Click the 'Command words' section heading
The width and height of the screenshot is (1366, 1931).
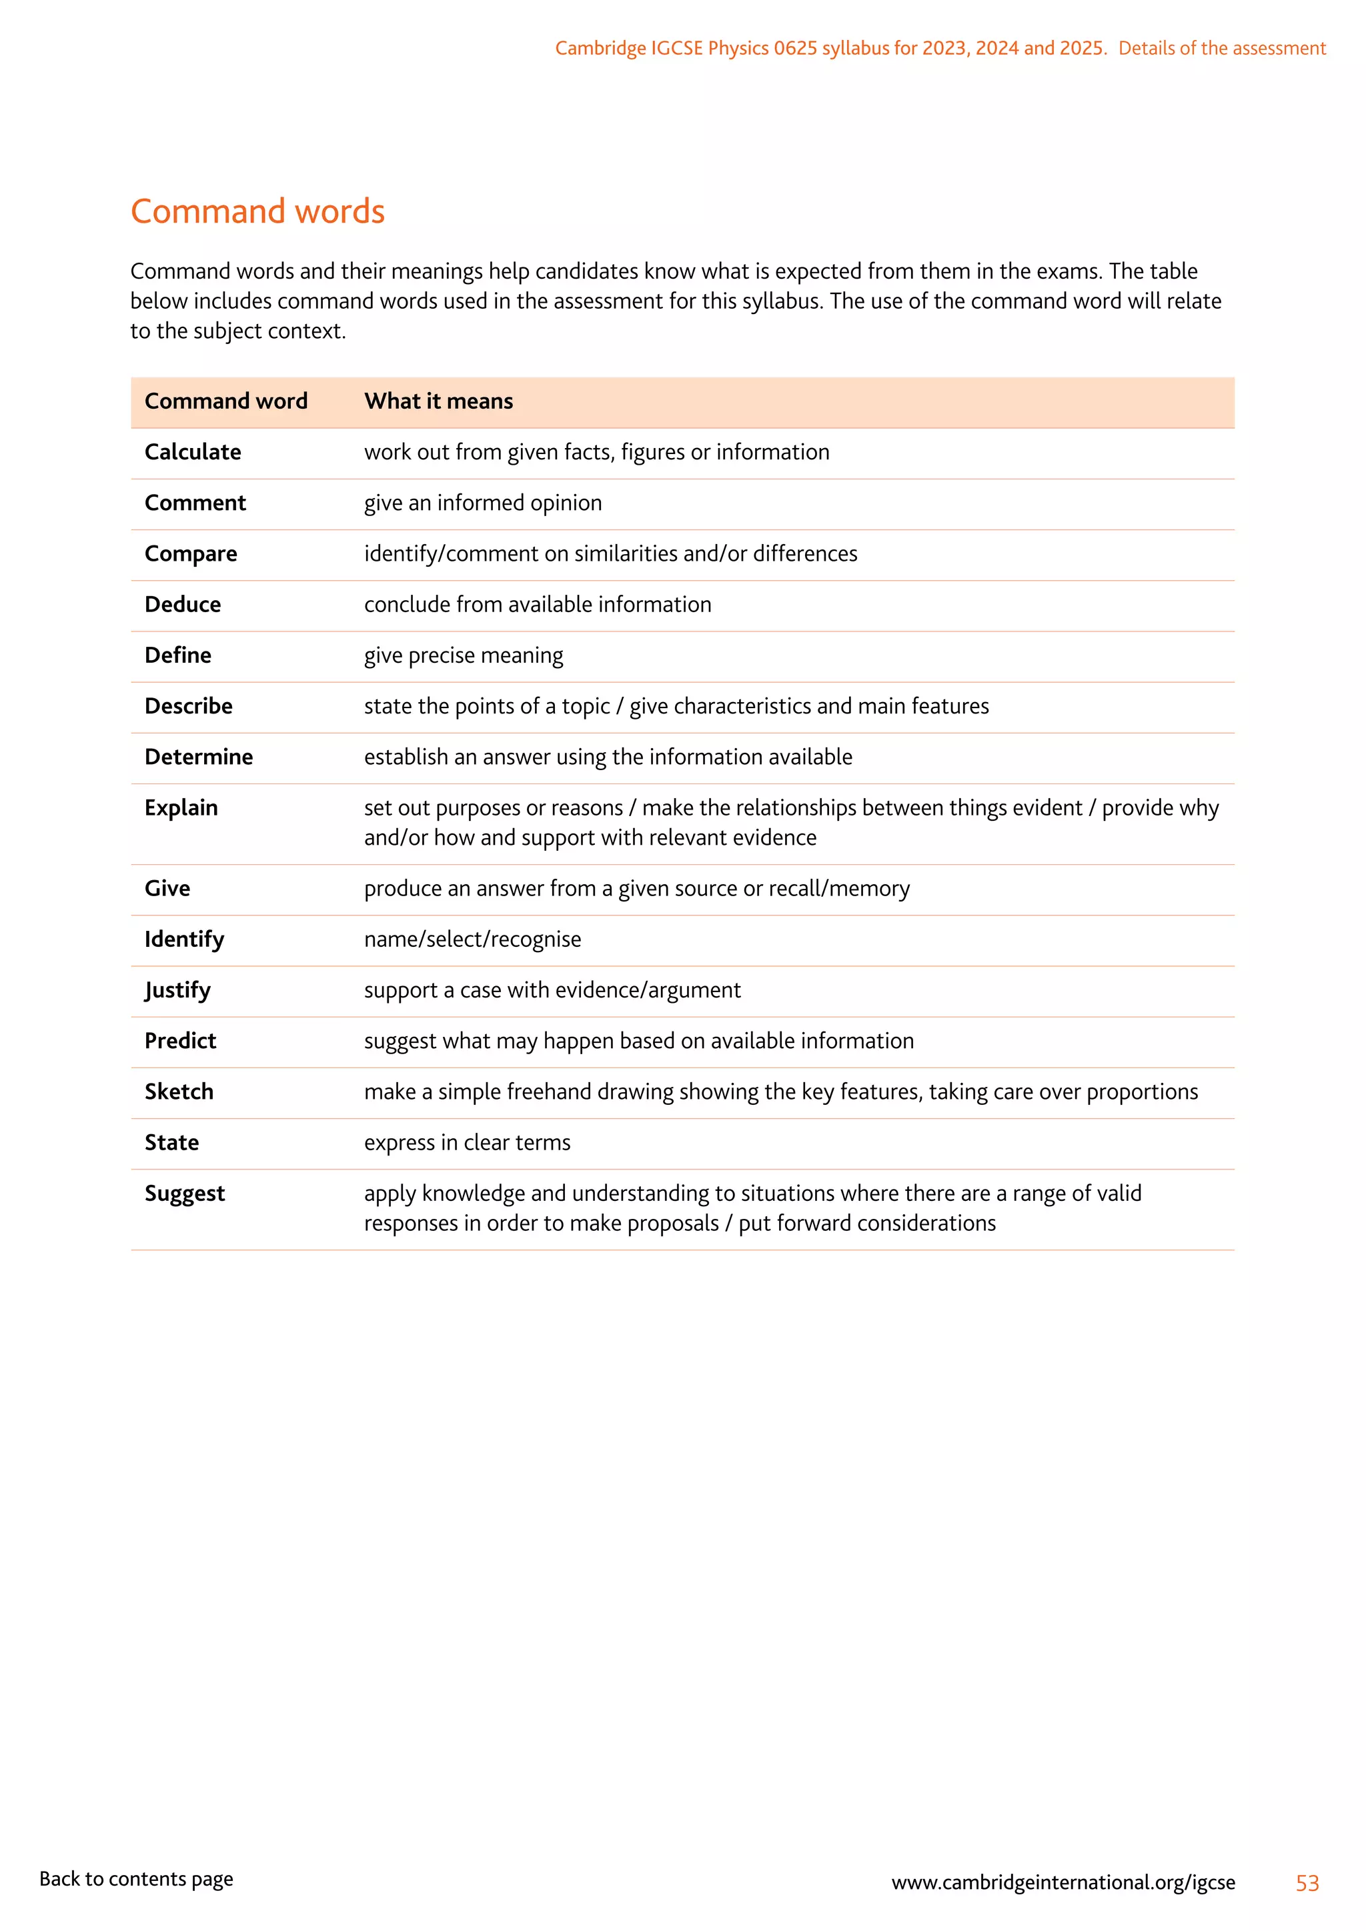pyautogui.click(x=257, y=211)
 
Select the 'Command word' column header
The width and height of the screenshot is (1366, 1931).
pyautogui.click(x=225, y=401)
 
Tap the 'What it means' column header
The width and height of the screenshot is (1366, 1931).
pyautogui.click(x=438, y=401)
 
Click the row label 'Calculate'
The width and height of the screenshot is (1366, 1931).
pyautogui.click(x=193, y=453)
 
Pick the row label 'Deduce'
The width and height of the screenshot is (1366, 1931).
pyautogui.click(x=183, y=605)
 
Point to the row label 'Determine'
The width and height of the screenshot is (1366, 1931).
pyautogui.click(x=199, y=757)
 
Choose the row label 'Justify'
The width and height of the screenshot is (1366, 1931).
pyautogui.click(x=177, y=990)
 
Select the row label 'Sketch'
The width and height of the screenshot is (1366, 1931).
pyautogui.click(x=179, y=1092)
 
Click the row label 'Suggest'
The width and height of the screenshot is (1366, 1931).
pyautogui.click(x=185, y=1194)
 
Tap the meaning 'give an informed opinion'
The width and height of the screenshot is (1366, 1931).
pyautogui.click(x=483, y=503)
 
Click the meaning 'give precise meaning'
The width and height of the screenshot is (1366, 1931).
pyautogui.click(x=464, y=655)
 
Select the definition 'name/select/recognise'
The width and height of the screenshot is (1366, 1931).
pyautogui.click(x=472, y=939)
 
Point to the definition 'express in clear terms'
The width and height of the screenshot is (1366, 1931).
pyautogui.click(x=467, y=1142)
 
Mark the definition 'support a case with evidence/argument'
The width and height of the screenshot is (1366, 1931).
pyautogui.click(x=552, y=990)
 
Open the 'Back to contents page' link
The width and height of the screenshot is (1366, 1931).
pyautogui.click(x=136, y=1879)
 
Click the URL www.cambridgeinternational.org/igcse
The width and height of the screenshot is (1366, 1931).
pyautogui.click(x=1063, y=1882)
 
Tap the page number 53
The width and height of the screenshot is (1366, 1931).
pyautogui.click(x=1307, y=1883)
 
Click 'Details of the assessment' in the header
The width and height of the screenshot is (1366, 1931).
pyautogui.click(x=1221, y=48)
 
